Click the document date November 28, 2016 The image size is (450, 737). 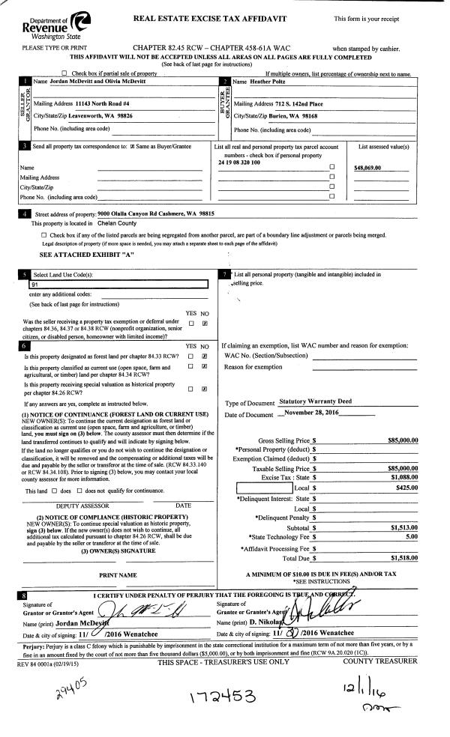click(312, 414)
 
